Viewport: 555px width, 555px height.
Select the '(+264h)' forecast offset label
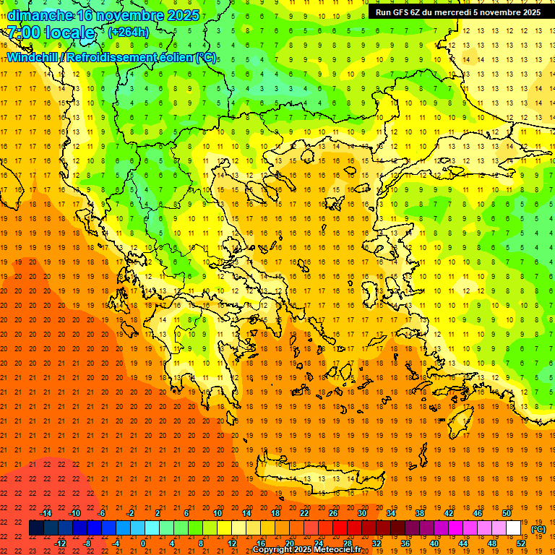(x=129, y=33)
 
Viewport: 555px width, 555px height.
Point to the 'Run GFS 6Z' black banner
(x=457, y=12)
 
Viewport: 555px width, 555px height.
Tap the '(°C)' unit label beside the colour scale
(x=538, y=529)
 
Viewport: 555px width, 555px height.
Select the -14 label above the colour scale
(x=46, y=513)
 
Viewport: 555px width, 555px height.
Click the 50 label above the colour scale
(x=507, y=513)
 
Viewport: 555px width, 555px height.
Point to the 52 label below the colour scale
(x=521, y=543)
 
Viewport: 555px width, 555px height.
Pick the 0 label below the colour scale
(x=143, y=543)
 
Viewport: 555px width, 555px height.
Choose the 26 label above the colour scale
(x=333, y=513)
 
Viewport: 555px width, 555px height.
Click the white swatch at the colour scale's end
(x=514, y=528)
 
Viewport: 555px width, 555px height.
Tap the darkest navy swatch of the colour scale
(x=36, y=528)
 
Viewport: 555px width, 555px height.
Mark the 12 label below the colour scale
(x=232, y=543)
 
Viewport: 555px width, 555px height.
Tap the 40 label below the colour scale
(x=434, y=543)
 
